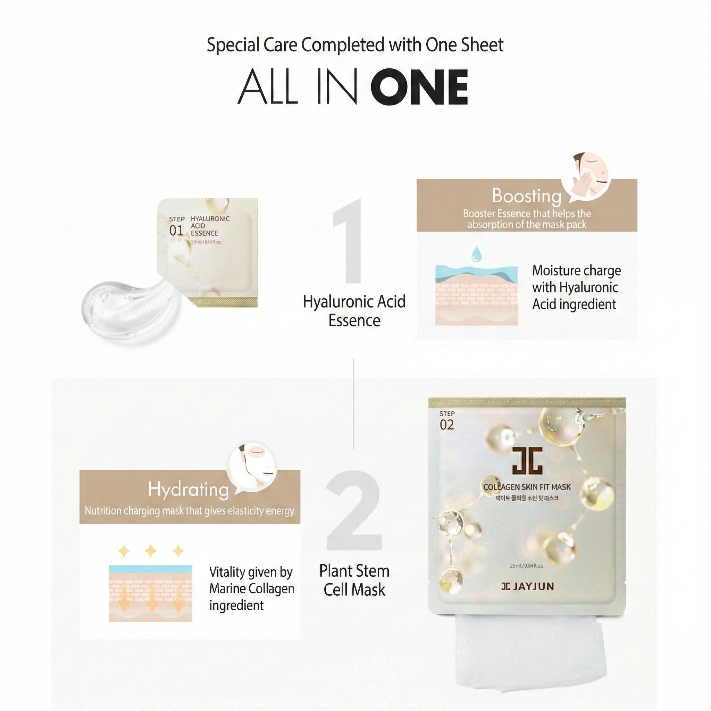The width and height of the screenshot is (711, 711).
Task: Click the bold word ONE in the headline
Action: [x=419, y=87]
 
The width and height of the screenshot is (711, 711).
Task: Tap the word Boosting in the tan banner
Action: [x=526, y=196]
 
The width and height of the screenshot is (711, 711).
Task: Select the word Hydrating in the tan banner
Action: [x=189, y=490]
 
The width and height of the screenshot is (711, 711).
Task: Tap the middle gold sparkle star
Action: [x=151, y=551]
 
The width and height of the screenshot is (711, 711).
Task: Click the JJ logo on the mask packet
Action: [x=527, y=460]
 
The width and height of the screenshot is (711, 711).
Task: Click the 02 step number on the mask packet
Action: [x=447, y=425]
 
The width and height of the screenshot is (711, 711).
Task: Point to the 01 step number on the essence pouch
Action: [x=176, y=231]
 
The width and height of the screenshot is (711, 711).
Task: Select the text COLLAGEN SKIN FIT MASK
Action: [x=527, y=487]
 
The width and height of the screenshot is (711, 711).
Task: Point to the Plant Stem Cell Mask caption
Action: [x=354, y=580]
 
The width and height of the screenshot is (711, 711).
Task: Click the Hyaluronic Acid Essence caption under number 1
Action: [x=354, y=311]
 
